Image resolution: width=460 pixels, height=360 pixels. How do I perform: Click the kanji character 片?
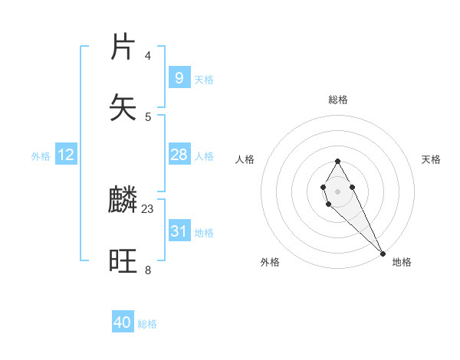coord(123,47)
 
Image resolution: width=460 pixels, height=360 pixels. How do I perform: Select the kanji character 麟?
coord(123,201)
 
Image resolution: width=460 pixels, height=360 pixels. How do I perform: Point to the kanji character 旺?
coord(123,262)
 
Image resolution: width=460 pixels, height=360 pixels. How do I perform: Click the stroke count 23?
coord(148,208)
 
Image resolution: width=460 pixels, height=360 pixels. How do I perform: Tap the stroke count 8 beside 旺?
coord(148,270)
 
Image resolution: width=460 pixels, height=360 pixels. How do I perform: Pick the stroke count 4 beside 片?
coord(148,55)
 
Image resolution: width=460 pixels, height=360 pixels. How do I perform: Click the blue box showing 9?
coord(179,77)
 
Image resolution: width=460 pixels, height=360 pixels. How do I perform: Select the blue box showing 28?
coord(179,155)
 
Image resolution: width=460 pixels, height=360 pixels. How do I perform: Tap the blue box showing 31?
coord(179,231)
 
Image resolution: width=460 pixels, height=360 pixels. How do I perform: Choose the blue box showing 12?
coord(65,155)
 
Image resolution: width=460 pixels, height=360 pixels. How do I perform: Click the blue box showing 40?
coord(123,322)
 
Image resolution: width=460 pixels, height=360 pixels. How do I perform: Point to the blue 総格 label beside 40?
coord(147,324)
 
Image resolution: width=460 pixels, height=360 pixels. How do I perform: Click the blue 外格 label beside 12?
coord(41,156)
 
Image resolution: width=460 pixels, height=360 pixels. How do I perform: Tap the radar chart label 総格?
coord(337,100)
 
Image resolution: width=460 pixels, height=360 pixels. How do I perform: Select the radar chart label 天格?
coord(431,159)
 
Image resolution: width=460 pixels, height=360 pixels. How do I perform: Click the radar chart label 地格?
coord(402,262)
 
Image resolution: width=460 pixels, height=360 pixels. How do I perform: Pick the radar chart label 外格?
coord(270,262)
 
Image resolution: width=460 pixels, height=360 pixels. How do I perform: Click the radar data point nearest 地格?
coord(383,253)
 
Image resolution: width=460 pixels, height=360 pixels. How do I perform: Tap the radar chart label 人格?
coord(245,159)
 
